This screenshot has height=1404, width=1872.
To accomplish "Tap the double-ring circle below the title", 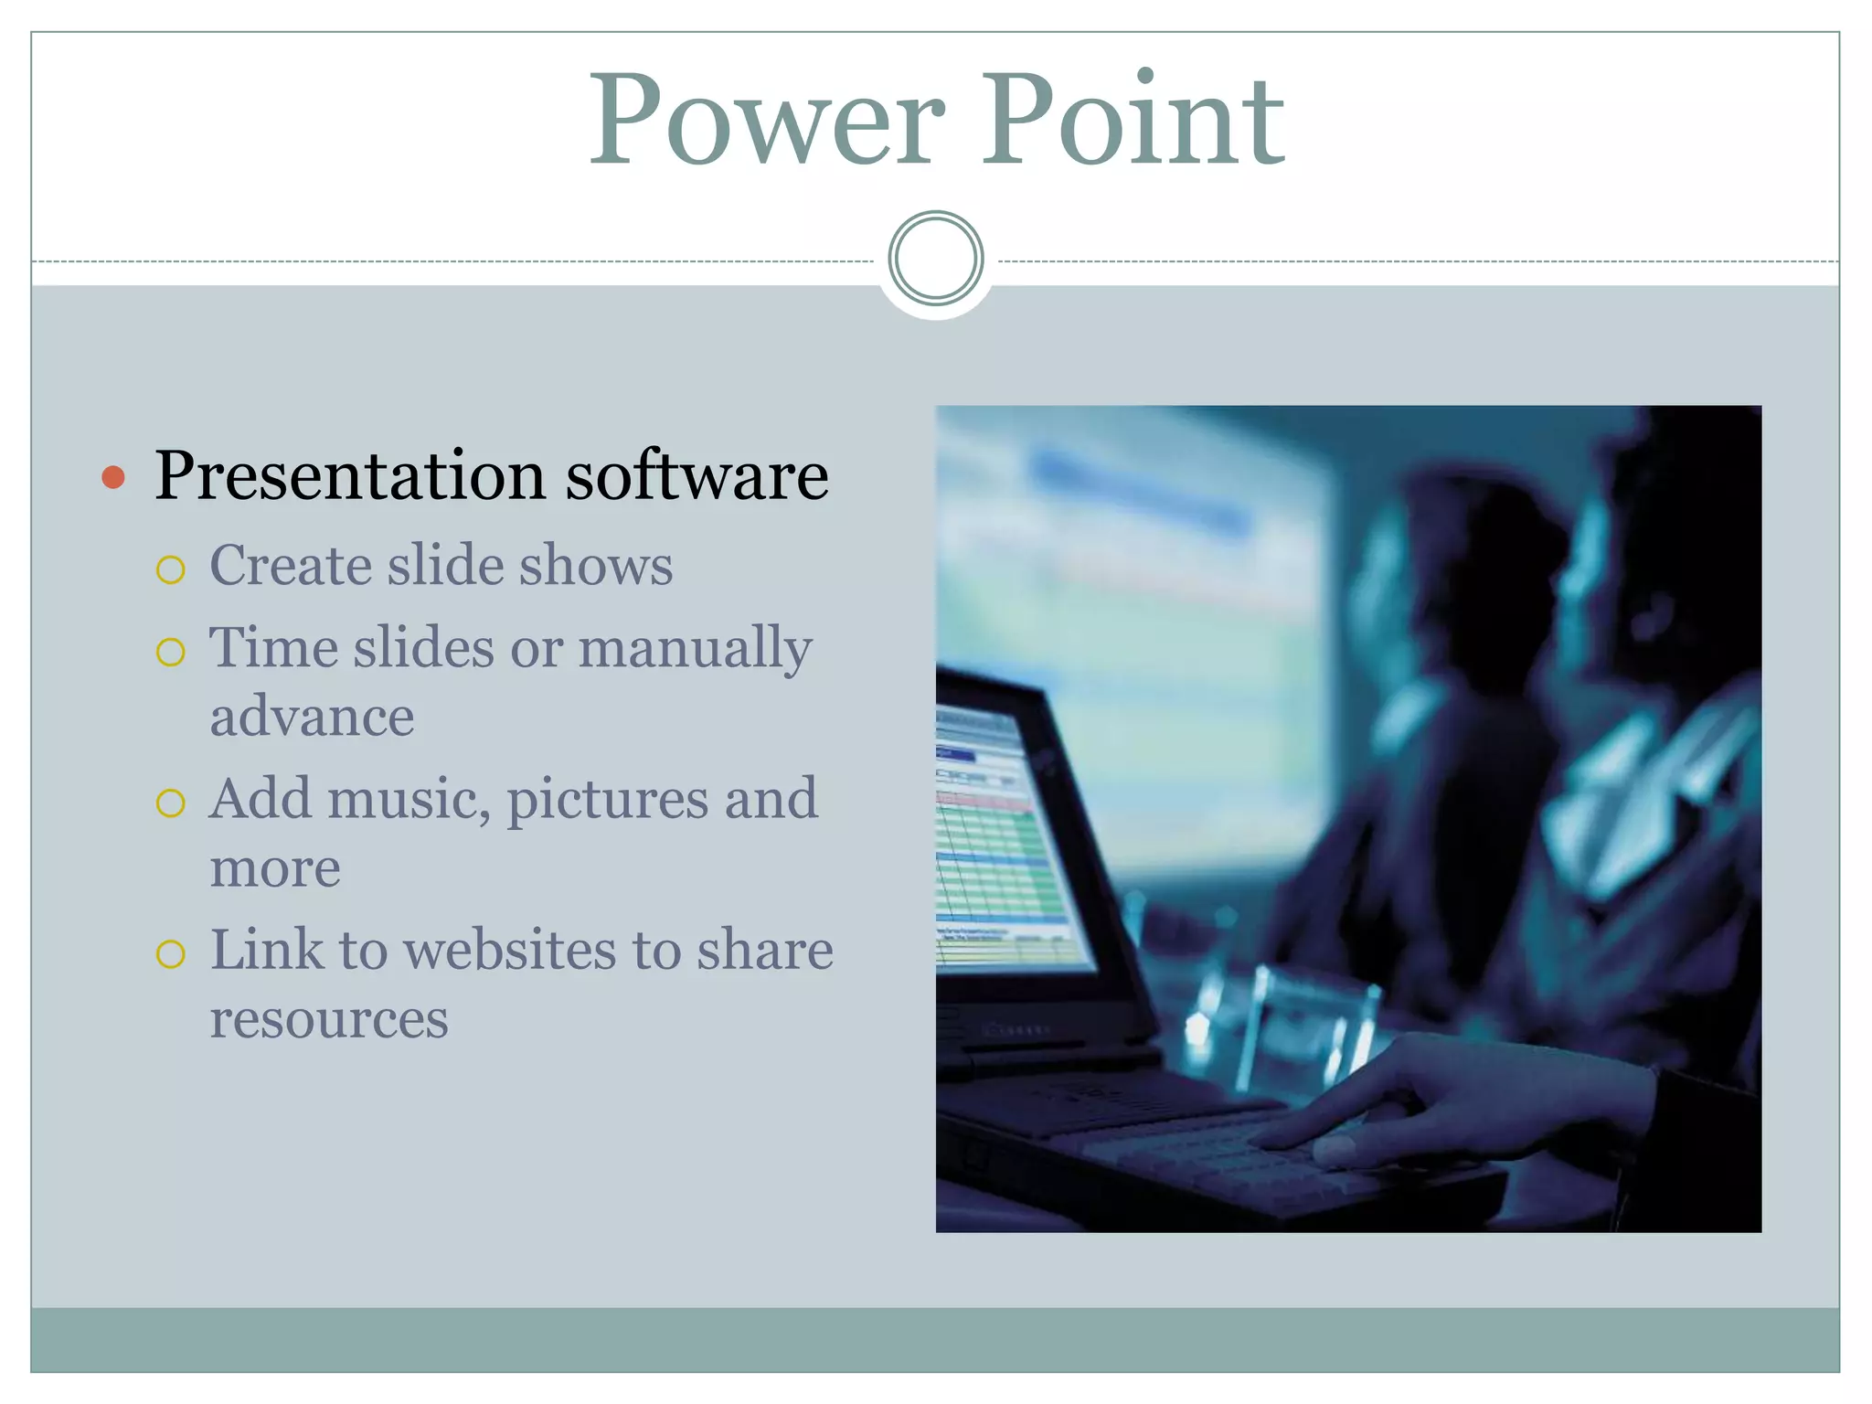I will pos(935,259).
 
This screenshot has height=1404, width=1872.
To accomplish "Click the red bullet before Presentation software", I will pos(113,477).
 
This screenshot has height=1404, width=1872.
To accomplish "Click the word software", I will pos(697,477).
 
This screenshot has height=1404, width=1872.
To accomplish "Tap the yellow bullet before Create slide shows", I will pos(171,570).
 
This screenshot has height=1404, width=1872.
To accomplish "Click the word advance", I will pos(312,717).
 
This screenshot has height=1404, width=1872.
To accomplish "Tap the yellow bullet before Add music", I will pos(171,803).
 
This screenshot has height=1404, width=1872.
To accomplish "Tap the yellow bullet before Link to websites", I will pos(171,954).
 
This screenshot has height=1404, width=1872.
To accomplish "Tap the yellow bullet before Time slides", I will pos(171,652).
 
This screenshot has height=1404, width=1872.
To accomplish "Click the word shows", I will pos(596,565).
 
